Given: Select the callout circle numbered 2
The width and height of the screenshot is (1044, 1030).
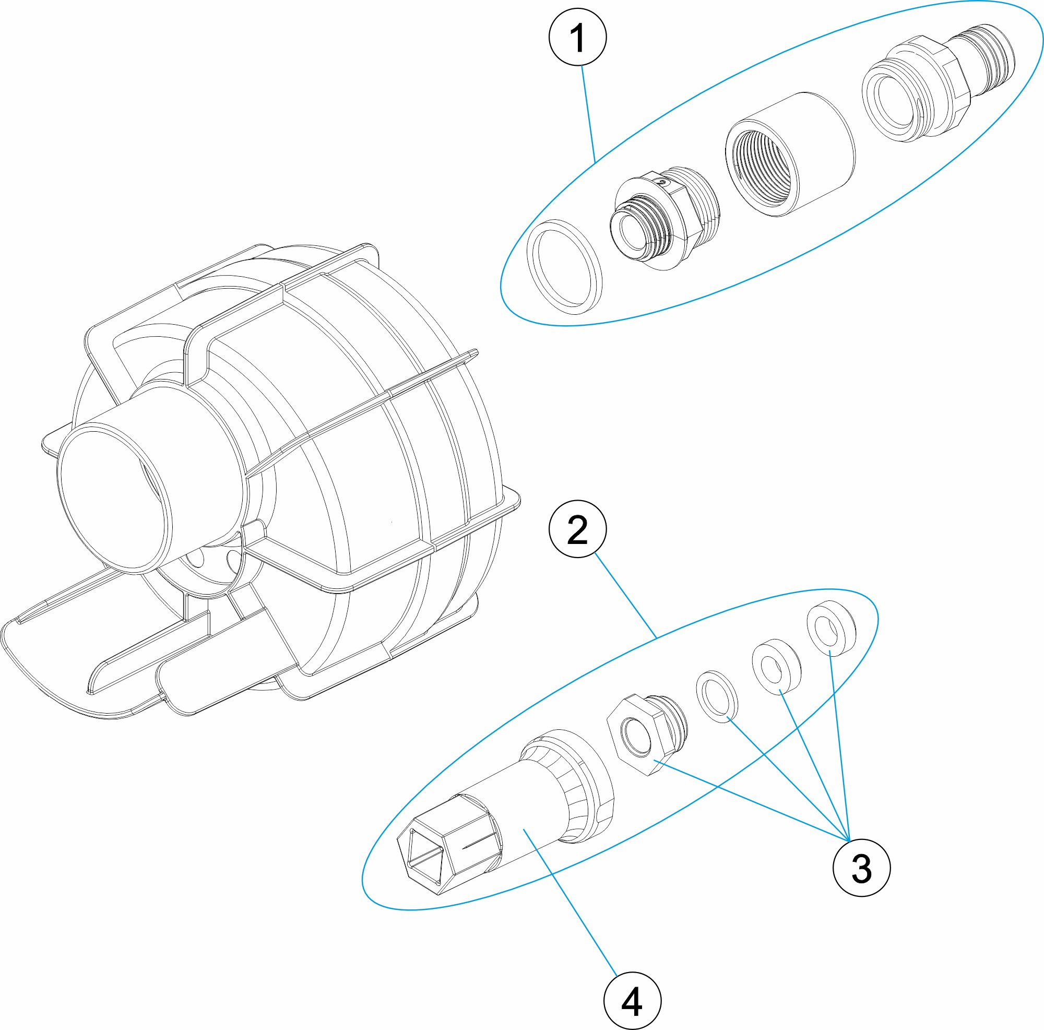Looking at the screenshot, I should [x=578, y=529].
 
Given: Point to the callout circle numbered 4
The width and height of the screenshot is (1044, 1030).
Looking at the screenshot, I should [x=632, y=1001].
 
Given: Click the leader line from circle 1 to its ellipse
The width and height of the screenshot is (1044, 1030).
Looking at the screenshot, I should [x=588, y=113].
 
